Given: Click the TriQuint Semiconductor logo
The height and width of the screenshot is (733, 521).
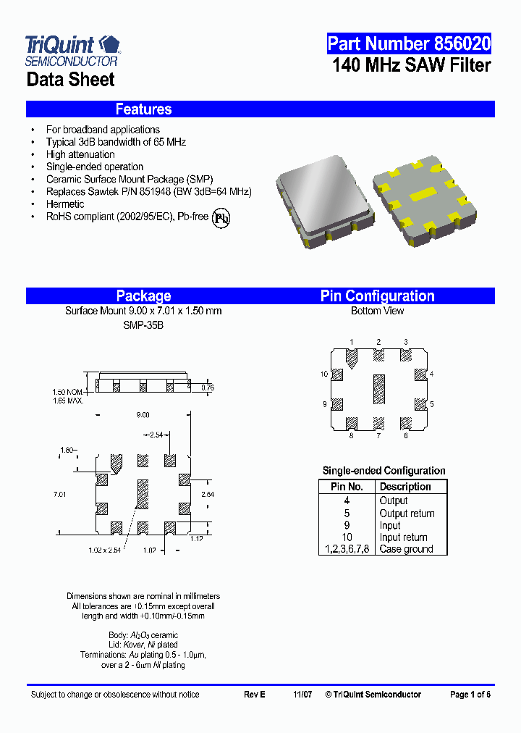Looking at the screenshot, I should pyautogui.click(x=72, y=51).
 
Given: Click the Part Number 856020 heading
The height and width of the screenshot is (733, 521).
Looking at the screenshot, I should pyautogui.click(x=409, y=44).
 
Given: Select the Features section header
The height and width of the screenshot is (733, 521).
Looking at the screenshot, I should pyautogui.click(x=143, y=109).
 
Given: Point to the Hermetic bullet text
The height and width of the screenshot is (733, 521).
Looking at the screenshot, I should pyautogui.click(x=65, y=204).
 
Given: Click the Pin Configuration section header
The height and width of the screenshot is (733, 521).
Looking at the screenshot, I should pyautogui.click(x=377, y=296).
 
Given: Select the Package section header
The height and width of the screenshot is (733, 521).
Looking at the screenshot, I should pyautogui.click(x=143, y=296).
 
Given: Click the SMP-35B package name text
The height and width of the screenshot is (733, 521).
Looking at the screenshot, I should pyautogui.click(x=143, y=325).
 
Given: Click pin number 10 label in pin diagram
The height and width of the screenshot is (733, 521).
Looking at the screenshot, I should pyautogui.click(x=325, y=374).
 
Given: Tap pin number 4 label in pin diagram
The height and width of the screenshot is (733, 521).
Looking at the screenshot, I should pyautogui.click(x=431, y=374).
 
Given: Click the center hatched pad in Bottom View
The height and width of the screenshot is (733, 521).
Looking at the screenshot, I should pyautogui.click(x=378, y=390).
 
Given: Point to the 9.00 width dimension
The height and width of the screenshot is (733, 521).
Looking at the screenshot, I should pyautogui.click(x=143, y=415).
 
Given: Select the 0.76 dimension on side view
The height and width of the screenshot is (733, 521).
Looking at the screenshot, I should pyautogui.click(x=207, y=388).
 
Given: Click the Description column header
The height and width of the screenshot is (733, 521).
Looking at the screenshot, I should pyautogui.click(x=405, y=487).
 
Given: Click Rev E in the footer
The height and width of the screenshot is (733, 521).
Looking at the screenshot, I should pyautogui.click(x=255, y=695).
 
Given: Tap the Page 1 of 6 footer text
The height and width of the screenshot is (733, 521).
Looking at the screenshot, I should pyautogui.click(x=470, y=695).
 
